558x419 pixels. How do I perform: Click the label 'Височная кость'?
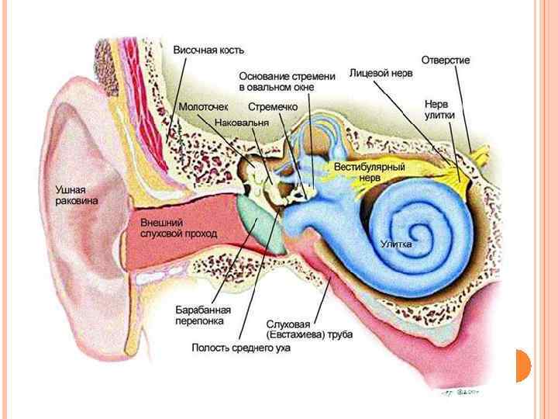point(208,50)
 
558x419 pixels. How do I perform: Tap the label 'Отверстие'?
point(445,60)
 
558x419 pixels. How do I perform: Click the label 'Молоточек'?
point(203,107)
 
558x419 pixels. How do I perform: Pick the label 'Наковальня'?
point(241,123)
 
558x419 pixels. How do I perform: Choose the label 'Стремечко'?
point(273,107)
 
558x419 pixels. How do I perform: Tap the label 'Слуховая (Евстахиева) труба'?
point(309,328)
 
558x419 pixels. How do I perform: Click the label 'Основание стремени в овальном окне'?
point(286,81)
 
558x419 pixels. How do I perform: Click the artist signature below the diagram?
point(460,393)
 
